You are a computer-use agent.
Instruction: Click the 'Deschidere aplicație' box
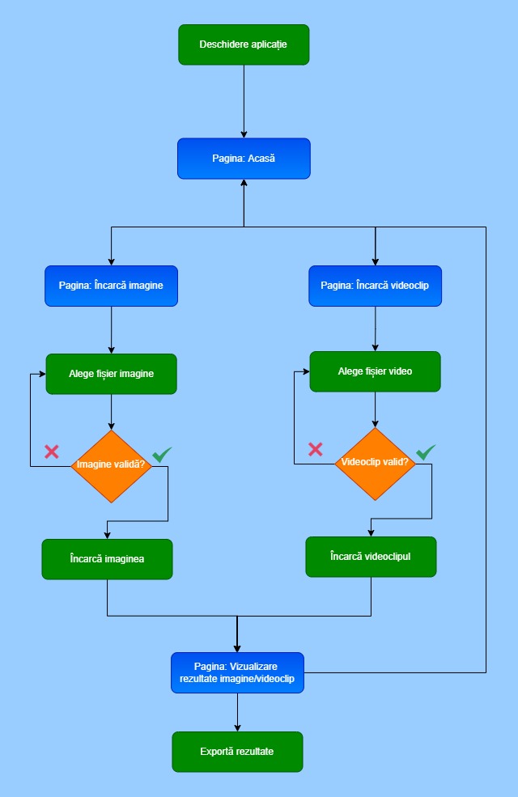pyautogui.click(x=244, y=45)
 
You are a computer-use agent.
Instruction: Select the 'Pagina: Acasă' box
pyautogui.click(x=244, y=159)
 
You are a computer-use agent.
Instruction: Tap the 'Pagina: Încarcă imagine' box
pyautogui.click(x=111, y=286)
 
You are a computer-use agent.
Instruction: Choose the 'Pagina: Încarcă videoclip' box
pyautogui.click(x=375, y=286)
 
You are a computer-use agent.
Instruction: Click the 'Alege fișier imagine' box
pyautogui.click(x=111, y=374)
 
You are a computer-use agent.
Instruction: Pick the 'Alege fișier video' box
pyautogui.click(x=375, y=371)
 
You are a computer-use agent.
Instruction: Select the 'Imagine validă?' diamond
pyautogui.click(x=111, y=465)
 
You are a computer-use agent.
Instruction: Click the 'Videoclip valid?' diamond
pyautogui.click(x=375, y=464)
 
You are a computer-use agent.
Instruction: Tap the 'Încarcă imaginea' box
pyautogui.click(x=107, y=559)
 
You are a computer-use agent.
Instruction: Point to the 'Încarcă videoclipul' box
pyautogui.click(x=371, y=557)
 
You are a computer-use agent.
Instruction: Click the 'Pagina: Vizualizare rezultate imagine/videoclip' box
pyautogui.click(x=237, y=672)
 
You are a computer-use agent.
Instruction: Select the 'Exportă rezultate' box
pyautogui.click(x=237, y=752)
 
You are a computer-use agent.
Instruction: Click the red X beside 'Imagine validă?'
pyautogui.click(x=52, y=451)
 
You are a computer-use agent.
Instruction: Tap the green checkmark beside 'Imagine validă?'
pyautogui.click(x=162, y=454)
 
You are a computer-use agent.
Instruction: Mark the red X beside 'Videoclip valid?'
pyautogui.click(x=316, y=449)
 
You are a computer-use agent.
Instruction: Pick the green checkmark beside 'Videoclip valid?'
pyautogui.click(x=426, y=451)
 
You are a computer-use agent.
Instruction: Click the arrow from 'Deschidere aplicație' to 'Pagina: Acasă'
pyautogui.click(x=244, y=101)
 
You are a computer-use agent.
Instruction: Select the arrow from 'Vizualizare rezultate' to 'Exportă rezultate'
pyautogui.click(x=237, y=712)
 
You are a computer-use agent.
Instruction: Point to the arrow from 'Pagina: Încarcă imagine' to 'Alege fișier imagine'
pyautogui.click(x=111, y=330)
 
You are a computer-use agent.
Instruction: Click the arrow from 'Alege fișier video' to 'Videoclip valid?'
pyautogui.click(x=375, y=409)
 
